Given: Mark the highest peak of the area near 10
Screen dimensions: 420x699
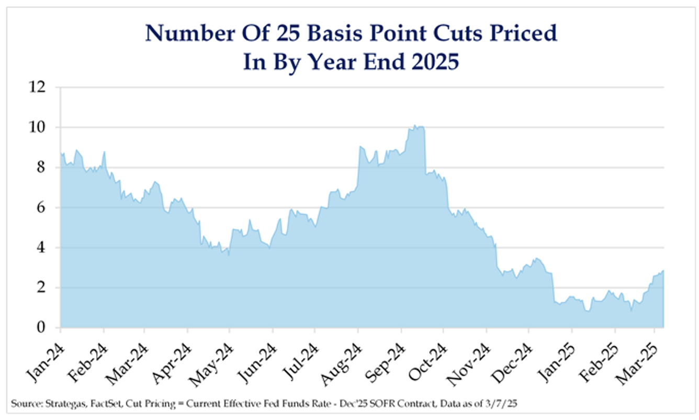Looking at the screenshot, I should point(414,126).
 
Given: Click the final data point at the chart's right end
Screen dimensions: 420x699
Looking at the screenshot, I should point(663,271).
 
